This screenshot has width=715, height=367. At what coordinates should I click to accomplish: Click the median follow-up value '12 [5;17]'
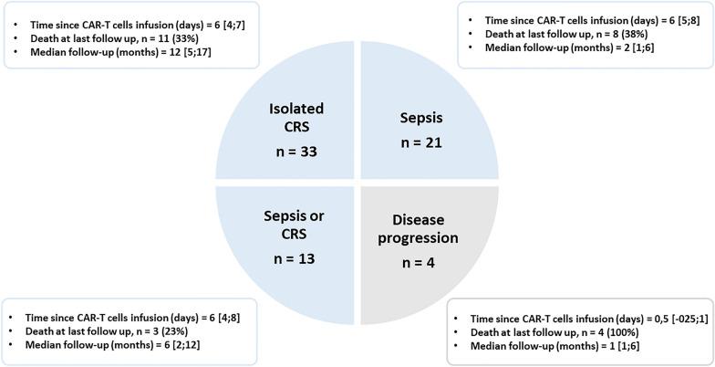pos(211,58)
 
